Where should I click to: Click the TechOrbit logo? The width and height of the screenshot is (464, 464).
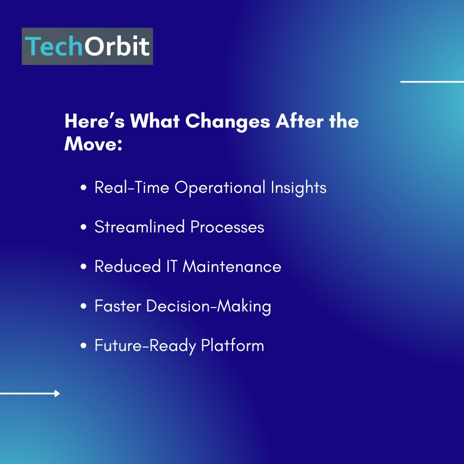tap(87, 46)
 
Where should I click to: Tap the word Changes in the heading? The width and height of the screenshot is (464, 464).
tap(228, 122)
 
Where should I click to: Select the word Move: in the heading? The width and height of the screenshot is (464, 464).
tap(93, 144)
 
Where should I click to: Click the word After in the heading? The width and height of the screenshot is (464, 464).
tap(299, 121)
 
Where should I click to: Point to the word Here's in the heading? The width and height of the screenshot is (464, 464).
tap(95, 121)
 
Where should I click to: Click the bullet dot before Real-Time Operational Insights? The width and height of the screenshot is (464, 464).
tap(84, 188)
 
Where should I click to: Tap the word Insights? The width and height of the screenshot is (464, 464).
tap(298, 188)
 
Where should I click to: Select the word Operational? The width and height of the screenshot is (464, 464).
tap(220, 188)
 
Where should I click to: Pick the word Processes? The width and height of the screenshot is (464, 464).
tap(227, 227)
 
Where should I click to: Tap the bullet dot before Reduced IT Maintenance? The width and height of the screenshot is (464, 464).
tap(84, 266)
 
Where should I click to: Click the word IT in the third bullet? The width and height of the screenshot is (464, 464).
tap(171, 266)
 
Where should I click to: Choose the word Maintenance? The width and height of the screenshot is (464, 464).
tap(232, 266)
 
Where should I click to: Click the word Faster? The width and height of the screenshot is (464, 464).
tap(118, 306)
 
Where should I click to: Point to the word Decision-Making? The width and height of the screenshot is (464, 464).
tap(209, 306)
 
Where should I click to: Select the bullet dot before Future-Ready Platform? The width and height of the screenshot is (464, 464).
tap(84, 345)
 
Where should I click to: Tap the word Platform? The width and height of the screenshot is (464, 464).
tap(232, 345)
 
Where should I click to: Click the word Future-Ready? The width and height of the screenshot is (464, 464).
tap(145, 346)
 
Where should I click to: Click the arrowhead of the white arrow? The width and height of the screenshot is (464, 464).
tap(57, 394)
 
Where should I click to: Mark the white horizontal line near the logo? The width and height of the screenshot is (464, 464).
tap(432, 82)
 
